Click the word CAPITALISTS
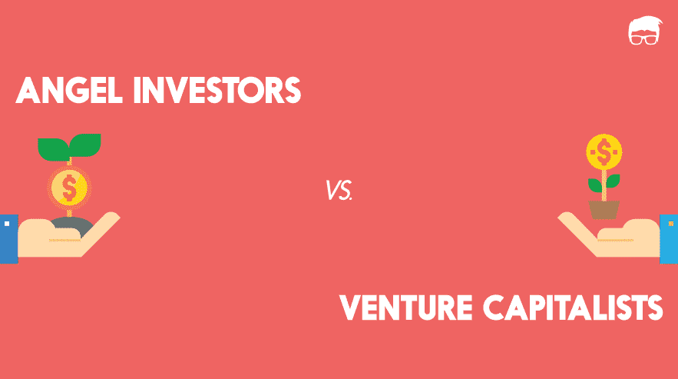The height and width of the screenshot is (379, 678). pos(577,308)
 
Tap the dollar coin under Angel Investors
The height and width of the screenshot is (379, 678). pos(69,186)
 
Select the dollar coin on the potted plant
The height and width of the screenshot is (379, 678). pos(604,151)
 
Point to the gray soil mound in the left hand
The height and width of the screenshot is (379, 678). pos(74,224)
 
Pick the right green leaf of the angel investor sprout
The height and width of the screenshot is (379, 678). pos(85,143)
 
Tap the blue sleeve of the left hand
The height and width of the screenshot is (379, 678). pos(8,239)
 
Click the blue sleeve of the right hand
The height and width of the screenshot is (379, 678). pos(669,239)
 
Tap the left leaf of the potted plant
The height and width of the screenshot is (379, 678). pos(594,185)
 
